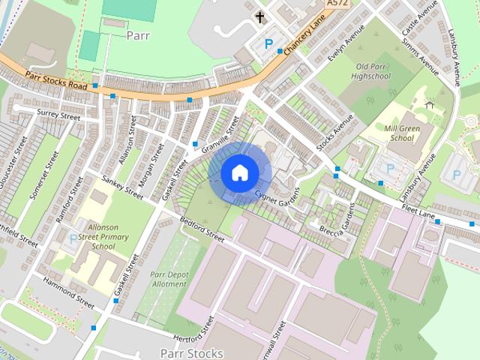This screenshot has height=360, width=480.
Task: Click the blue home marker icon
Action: [239, 172]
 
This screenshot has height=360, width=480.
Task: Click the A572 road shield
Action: [336, 4]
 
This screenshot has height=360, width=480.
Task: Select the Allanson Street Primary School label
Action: [103, 235]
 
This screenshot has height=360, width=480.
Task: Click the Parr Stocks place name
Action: [192, 352]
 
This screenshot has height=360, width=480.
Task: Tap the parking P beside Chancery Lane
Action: [268, 44]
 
